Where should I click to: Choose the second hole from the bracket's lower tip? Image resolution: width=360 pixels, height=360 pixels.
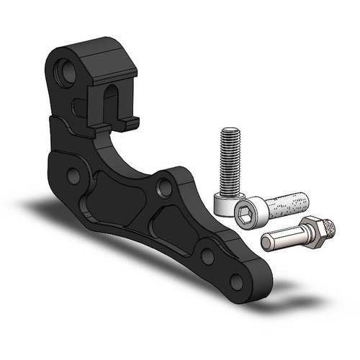207,253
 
